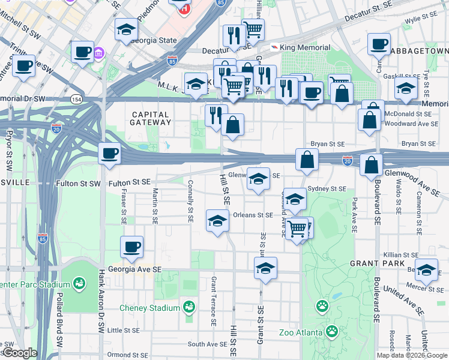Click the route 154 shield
(x=76, y=99)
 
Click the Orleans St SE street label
(x=253, y=214)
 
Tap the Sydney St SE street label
(x=326, y=188)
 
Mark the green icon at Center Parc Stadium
(x=79, y=282)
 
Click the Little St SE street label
(x=122, y=330)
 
